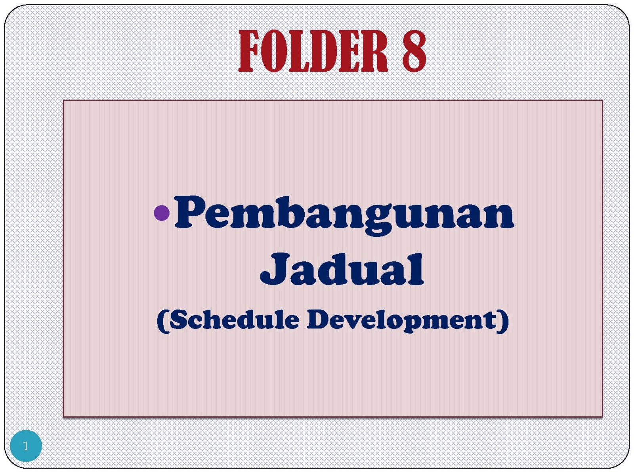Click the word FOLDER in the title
(313, 51)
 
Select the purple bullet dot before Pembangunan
(162, 213)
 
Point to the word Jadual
(342, 269)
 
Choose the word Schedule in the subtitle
(234, 319)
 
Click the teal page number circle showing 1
(26, 446)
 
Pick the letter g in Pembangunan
(379, 222)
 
